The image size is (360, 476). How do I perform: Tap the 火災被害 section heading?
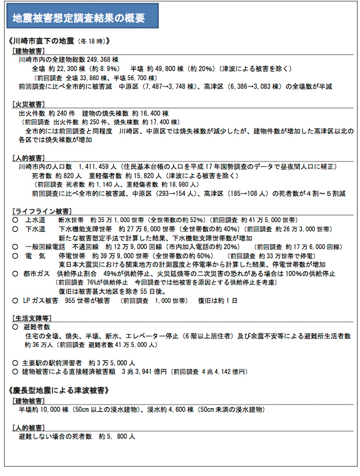(x=28, y=105)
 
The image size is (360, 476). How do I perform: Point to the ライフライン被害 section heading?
(x=36, y=210)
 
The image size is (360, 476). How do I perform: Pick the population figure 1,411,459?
(x=102, y=166)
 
